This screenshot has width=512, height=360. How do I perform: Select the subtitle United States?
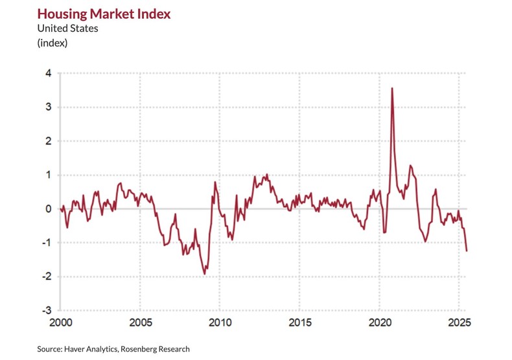pos(67,28)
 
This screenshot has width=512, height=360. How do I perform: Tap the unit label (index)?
pos(52,43)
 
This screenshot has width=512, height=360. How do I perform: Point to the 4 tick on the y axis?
pos(49,73)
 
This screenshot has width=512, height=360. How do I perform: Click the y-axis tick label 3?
pos(49,107)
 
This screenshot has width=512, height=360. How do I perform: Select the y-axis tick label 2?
pos(49,141)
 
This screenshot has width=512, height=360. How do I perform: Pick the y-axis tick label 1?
pos(49,175)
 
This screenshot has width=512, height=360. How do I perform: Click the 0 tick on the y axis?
pos(49,208)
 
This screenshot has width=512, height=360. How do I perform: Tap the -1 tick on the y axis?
pos(47,243)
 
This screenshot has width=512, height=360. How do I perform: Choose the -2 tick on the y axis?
pos(47,276)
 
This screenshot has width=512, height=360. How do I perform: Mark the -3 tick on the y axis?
pos(47,310)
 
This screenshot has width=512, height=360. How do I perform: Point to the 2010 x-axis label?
pos(220,322)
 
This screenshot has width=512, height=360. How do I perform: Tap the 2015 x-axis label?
pos(299,322)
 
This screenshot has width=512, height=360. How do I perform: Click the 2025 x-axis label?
pos(458,322)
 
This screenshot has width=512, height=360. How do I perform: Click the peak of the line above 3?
pos(391,88)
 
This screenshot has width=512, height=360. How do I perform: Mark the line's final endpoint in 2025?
pos(467,251)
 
